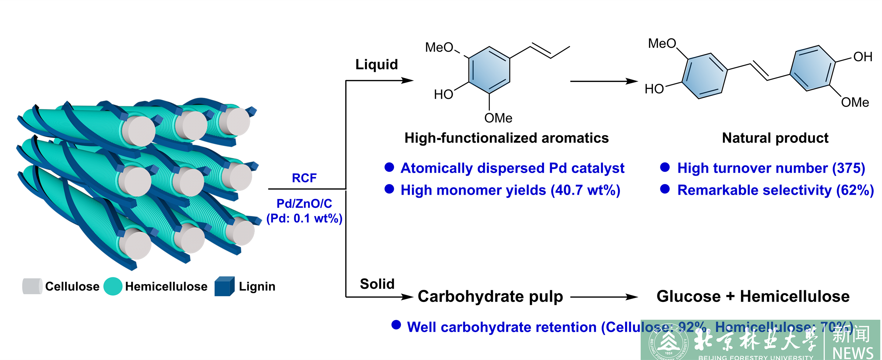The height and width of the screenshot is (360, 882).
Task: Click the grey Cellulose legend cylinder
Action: coord(32,286)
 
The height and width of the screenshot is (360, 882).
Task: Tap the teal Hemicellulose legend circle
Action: coord(113,286)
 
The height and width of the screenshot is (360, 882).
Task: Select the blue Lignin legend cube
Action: coord(225,286)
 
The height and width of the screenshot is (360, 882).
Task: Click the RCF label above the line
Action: coord(304,178)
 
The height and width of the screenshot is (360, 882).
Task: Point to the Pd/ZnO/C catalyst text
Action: coord(304,204)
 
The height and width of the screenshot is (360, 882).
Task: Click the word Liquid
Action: coord(376,65)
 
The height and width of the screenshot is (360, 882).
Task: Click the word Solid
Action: coord(377,284)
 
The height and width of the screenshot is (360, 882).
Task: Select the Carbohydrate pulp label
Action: coord(490,296)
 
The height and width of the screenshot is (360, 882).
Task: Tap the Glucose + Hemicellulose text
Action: coord(753,296)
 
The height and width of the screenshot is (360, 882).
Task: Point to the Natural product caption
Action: coord(775,138)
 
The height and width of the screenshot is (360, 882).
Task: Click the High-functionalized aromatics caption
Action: coord(506,138)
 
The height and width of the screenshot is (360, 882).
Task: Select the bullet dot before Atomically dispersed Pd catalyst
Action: coord(389,168)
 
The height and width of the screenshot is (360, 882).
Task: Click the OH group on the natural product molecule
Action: coord(863,57)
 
